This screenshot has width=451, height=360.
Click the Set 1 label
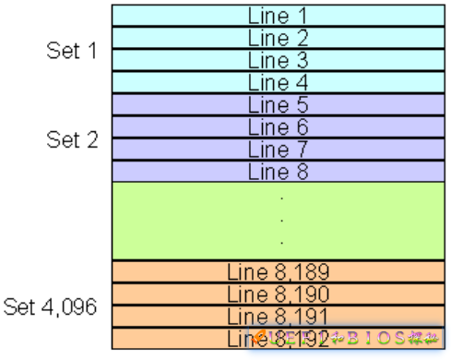[71, 51]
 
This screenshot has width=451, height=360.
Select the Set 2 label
[71, 139]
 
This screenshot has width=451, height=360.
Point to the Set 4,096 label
[51, 306]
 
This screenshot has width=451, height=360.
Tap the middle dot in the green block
[281, 220]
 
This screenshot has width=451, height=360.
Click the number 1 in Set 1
[91, 51]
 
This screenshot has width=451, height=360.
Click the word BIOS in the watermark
[374, 338]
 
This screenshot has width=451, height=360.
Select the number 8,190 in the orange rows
[303, 294]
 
